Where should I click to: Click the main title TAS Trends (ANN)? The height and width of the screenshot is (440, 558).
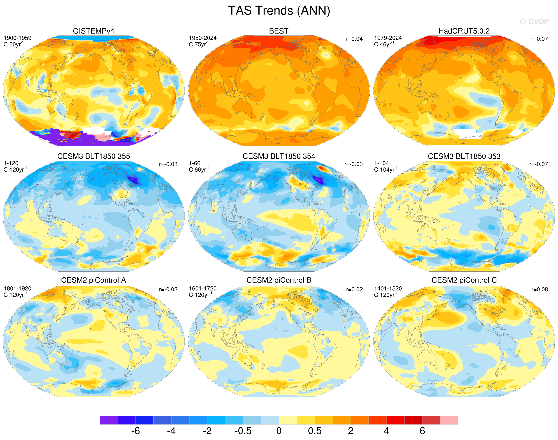pyautogui.click(x=279, y=11)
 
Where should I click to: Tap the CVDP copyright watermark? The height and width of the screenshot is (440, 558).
pyautogui.click(x=534, y=22)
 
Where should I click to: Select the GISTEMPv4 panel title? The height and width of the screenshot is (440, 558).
pyautogui.click(x=94, y=31)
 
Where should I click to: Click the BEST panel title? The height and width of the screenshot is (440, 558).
pyautogui.click(x=279, y=31)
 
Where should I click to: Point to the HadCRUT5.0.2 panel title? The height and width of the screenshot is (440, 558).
pyautogui.click(x=464, y=31)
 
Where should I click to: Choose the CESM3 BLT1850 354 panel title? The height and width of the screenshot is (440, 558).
pyautogui.click(x=279, y=156)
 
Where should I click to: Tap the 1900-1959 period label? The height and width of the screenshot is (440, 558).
pyautogui.click(x=18, y=38)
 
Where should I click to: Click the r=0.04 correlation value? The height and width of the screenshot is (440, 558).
pyautogui.click(x=354, y=39)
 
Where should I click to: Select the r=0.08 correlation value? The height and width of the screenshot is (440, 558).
pyautogui.click(x=539, y=289)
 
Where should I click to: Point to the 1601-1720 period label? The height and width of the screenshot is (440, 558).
pyautogui.click(x=203, y=288)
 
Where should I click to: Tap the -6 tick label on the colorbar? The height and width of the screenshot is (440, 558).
pyautogui.click(x=135, y=431)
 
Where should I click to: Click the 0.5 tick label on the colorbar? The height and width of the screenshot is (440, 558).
pyautogui.click(x=315, y=431)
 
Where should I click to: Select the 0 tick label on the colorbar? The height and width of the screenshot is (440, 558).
pyautogui.click(x=279, y=431)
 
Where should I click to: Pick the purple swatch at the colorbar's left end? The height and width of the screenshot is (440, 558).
pyautogui.click(x=109, y=420)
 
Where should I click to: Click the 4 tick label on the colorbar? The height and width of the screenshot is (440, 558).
pyautogui.click(x=386, y=431)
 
